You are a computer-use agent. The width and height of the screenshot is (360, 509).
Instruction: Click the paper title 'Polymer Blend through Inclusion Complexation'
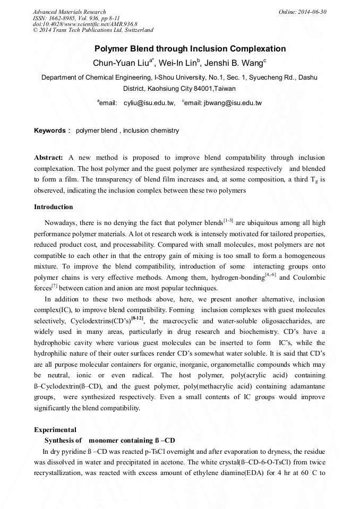pyautogui.click(x=190, y=49)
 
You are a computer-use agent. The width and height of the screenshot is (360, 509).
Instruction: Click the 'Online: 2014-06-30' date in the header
pyautogui.click(x=303, y=12)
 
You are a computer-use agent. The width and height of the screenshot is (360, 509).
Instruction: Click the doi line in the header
pyautogui.click(x=85, y=24)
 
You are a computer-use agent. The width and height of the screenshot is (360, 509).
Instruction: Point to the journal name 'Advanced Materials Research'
pyautogui.click(x=69, y=12)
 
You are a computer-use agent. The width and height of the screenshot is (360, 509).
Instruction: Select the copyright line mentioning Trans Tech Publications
pyautogui.click(x=93, y=30)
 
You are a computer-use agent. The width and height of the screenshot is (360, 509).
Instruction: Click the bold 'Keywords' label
pyautogui.click(x=50, y=131)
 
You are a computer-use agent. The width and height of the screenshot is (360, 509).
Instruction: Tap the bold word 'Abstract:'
pyautogui.click(x=49, y=158)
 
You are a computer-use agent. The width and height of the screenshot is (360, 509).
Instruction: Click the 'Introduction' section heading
pyautogui.click(x=54, y=207)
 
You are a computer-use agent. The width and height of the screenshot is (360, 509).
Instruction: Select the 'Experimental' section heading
pyautogui.click(x=55, y=430)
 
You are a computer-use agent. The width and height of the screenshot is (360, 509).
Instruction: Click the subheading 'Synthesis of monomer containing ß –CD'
pyautogui.click(x=109, y=441)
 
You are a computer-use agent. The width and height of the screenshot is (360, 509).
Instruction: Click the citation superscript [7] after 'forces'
pyautogui.click(x=54, y=286)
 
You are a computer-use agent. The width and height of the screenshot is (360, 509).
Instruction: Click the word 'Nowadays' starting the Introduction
pyautogui.click(x=61, y=223)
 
